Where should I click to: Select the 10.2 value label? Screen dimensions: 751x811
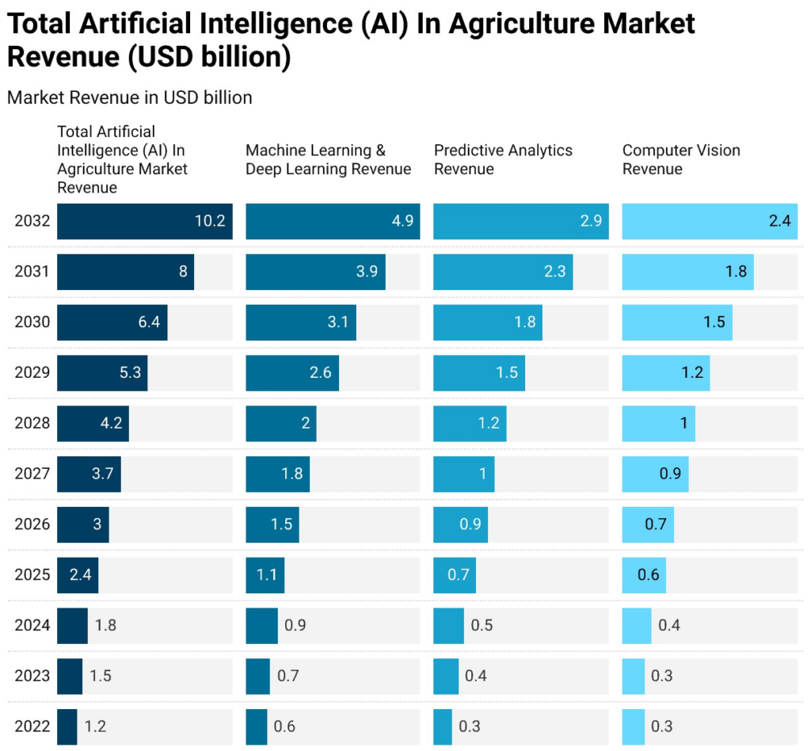210,221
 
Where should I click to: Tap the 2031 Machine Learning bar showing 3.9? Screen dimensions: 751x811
315,272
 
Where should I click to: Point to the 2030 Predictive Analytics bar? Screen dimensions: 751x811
487,322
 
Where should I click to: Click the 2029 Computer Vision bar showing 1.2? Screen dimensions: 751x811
665,372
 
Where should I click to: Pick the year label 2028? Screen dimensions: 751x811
32,423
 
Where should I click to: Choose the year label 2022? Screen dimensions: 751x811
32,726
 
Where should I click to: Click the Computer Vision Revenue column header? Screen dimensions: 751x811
681,159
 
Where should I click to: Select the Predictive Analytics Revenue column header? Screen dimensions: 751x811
503,159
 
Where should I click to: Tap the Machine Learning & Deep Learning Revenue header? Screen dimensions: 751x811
328,159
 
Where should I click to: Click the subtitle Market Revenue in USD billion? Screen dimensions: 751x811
129,97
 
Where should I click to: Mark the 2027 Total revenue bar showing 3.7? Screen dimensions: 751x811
89,474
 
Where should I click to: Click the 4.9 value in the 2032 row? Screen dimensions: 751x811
402,221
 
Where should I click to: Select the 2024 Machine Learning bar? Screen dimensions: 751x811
261,625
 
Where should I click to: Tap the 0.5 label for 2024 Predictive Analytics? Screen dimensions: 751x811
482,625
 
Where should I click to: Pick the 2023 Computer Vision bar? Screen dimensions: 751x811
633,676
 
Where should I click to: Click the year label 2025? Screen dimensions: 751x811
32,574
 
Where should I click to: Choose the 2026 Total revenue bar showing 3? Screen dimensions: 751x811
82,524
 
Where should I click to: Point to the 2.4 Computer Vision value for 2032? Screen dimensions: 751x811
779,221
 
